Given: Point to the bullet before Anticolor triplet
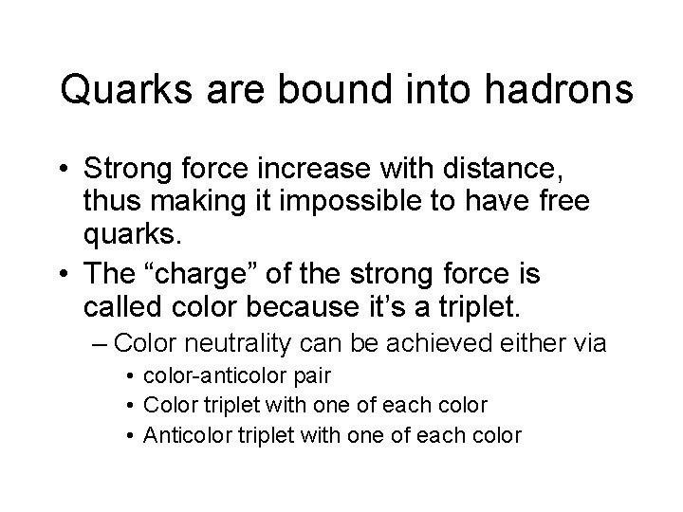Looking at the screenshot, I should pos(130,435).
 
